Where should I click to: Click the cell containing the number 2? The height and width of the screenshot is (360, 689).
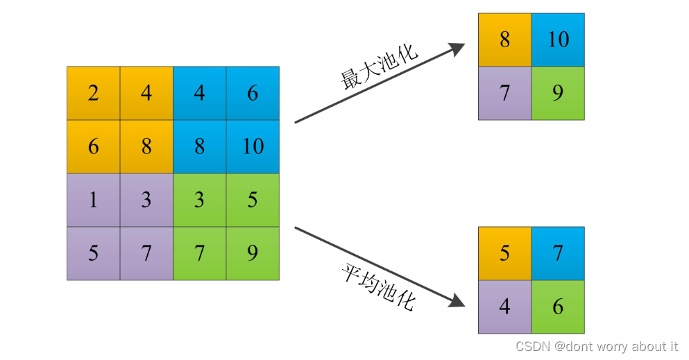(x=94, y=93)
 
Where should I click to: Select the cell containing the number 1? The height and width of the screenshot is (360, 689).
(x=94, y=200)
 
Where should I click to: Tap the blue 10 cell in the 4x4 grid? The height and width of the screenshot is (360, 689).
(x=253, y=146)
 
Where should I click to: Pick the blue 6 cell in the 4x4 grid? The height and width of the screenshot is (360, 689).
(x=253, y=93)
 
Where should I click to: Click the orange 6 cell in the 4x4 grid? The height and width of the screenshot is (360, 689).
(x=94, y=146)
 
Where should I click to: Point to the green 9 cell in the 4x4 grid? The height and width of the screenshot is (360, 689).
(x=253, y=253)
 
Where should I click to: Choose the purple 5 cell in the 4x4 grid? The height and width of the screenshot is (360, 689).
(x=94, y=253)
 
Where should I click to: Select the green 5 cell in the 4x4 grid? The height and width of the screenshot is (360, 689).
(x=253, y=200)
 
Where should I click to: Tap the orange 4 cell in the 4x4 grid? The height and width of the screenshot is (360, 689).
(x=146, y=93)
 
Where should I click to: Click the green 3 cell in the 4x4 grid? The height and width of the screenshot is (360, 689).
(x=200, y=200)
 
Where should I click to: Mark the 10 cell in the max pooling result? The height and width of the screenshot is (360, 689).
(x=558, y=40)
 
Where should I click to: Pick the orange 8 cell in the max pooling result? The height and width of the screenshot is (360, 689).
(x=505, y=40)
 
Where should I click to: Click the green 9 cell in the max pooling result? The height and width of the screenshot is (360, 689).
(x=558, y=93)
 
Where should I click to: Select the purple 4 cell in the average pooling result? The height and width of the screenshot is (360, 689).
(x=505, y=306)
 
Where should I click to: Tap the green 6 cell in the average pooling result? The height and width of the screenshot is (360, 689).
(x=558, y=306)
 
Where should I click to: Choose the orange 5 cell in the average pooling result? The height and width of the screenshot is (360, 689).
(x=505, y=253)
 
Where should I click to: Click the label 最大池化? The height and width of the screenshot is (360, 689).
(x=379, y=68)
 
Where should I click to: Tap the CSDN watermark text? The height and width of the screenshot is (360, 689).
(x=597, y=346)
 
